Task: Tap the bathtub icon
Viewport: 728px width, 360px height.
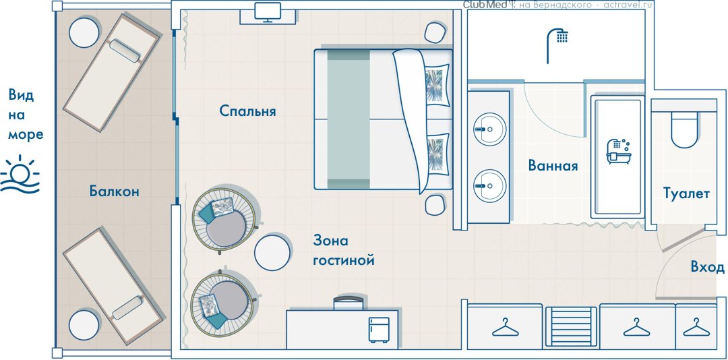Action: tap(618, 152)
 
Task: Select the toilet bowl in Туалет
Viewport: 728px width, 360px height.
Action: tap(684, 129)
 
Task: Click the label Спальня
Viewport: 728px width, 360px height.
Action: tap(247, 111)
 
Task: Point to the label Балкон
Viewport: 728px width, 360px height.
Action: tap(114, 191)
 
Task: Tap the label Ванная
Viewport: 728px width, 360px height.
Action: tap(553, 166)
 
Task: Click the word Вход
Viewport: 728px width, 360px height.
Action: tap(708, 267)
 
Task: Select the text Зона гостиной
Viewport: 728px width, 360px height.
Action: tap(344, 251)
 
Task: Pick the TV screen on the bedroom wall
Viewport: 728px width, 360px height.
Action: tap(268, 11)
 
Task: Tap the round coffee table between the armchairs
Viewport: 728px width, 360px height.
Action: tap(272, 253)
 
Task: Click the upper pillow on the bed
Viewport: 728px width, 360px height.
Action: tap(437, 85)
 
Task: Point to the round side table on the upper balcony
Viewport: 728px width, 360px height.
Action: tap(84, 32)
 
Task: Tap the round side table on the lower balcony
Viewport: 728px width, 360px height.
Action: tap(84, 325)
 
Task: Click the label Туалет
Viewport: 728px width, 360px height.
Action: tap(686, 193)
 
